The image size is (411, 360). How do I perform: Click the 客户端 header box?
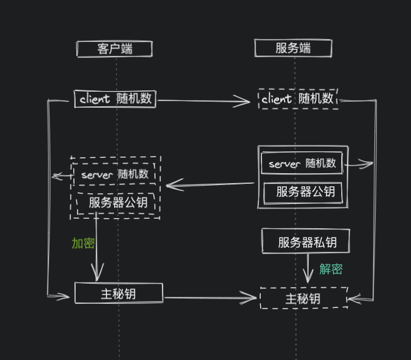click(x=114, y=48)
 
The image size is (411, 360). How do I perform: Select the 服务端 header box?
click(x=293, y=48)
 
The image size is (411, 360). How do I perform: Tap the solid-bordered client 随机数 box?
click(x=115, y=99)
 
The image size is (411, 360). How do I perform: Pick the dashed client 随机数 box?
click(x=298, y=99)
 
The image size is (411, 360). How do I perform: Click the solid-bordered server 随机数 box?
click(x=302, y=164)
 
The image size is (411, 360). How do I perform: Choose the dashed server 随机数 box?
click(x=115, y=174)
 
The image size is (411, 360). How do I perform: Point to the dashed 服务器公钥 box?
click(x=118, y=203)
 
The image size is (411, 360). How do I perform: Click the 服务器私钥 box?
click(x=306, y=242)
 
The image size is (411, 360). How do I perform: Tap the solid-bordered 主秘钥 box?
click(x=118, y=293)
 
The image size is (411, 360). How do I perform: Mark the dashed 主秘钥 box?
click(x=303, y=299)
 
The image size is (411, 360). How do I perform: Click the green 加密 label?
click(x=83, y=244)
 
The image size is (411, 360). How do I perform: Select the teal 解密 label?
click(x=331, y=270)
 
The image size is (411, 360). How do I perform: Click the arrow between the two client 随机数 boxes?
click(x=204, y=101)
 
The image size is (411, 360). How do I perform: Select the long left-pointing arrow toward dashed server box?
click(x=210, y=185)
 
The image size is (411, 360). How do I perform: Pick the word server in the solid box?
click(x=285, y=164)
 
